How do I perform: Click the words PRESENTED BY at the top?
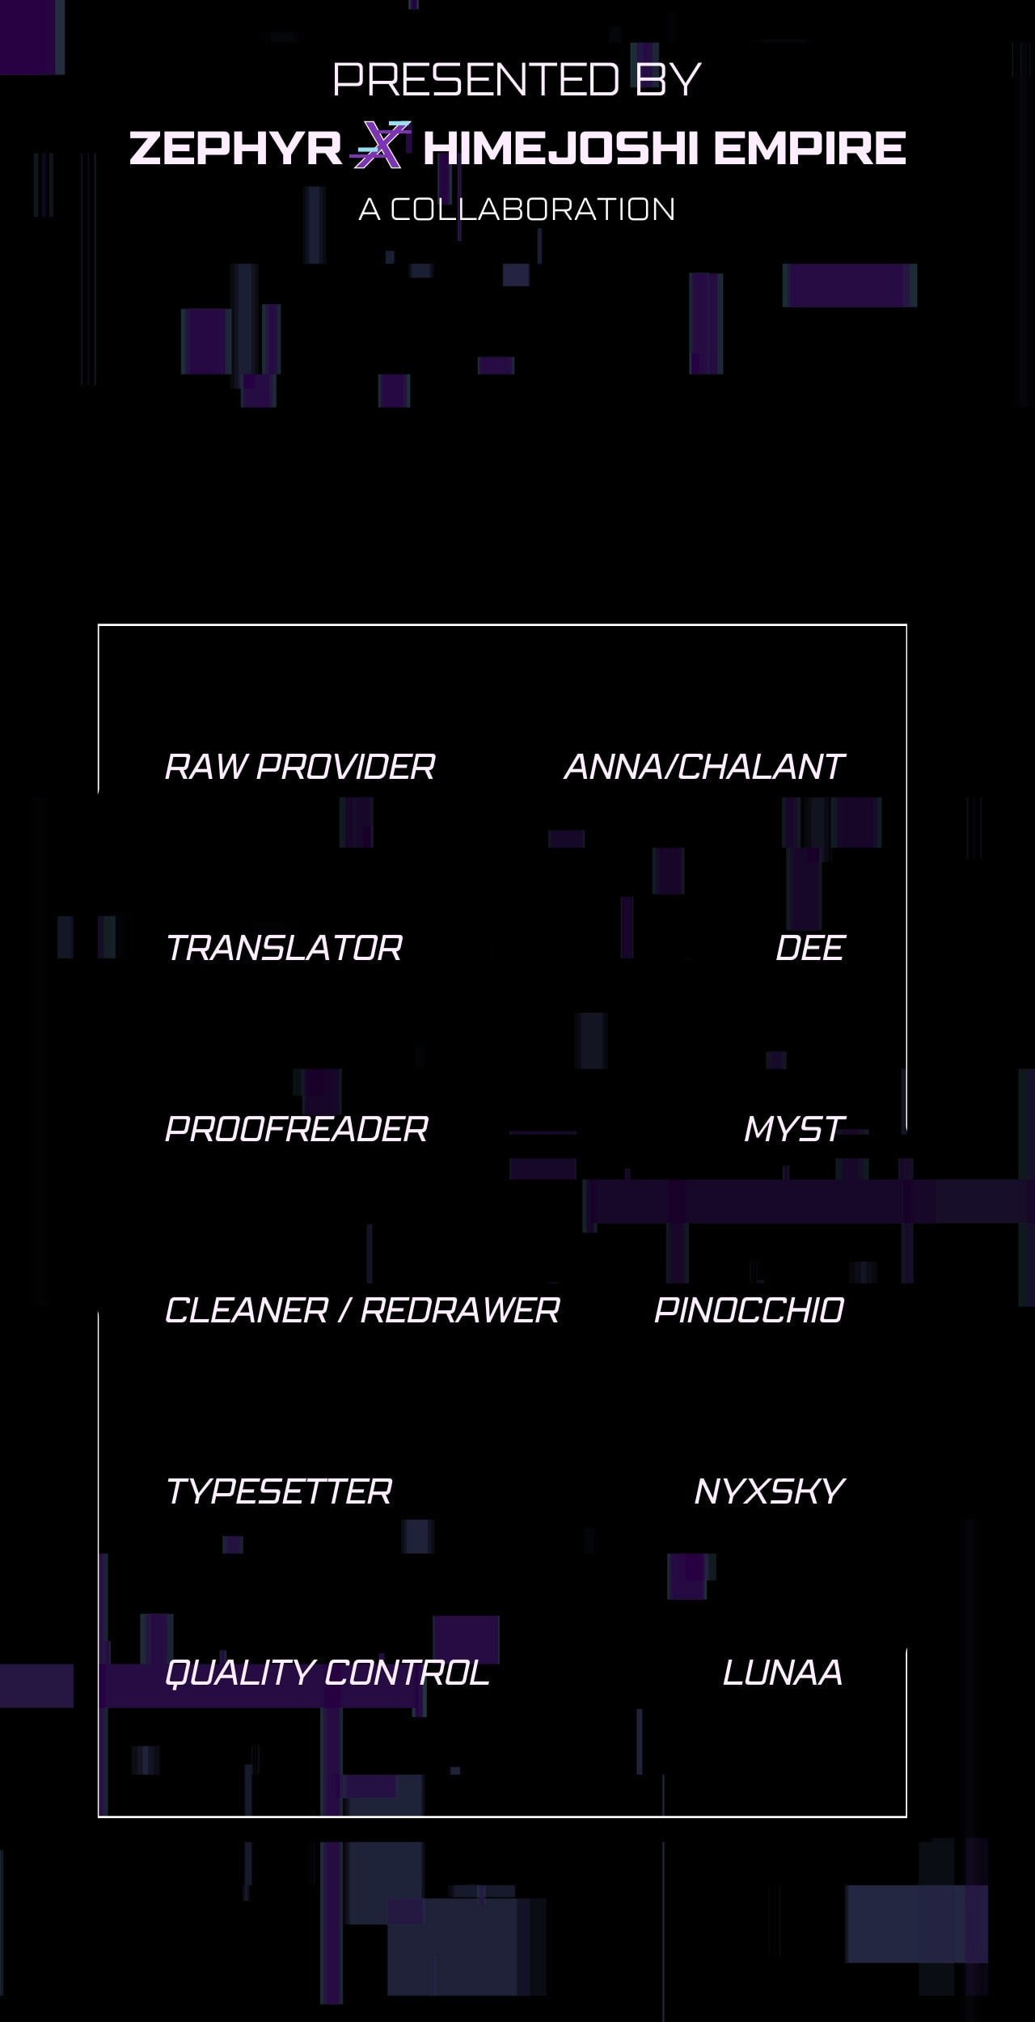517,79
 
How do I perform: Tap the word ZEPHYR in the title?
235,148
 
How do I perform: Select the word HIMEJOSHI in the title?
561,148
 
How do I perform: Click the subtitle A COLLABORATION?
517,209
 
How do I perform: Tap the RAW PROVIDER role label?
300,767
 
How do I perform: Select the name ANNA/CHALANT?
703,767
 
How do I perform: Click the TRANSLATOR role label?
283,948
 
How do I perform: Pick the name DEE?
809,948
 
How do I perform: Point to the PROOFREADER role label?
296,1129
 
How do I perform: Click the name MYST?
794,1129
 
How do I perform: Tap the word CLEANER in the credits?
246,1310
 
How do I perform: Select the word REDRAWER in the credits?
459,1310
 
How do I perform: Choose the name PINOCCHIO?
749,1310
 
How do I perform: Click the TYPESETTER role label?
278,1491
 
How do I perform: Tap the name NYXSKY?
769,1491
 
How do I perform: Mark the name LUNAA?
783,1673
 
